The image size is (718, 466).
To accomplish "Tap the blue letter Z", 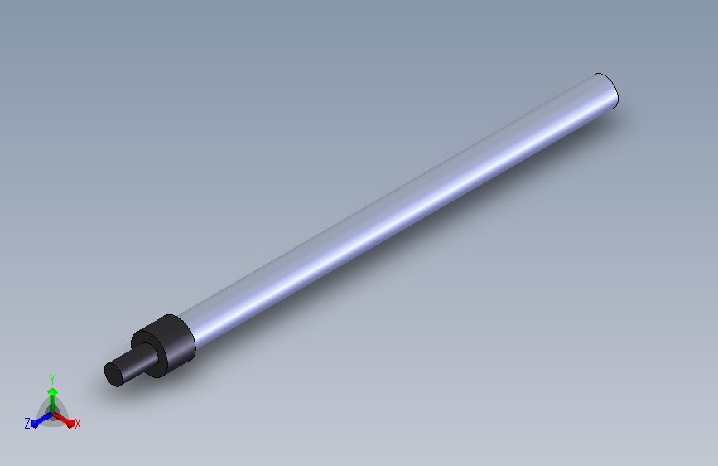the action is (x=27, y=424).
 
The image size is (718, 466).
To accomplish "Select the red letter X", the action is (x=77, y=424).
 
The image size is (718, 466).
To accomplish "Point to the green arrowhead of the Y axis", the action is (x=53, y=391).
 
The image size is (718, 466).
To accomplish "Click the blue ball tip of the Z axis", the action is (x=34, y=424).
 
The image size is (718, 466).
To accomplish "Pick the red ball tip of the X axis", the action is (x=70, y=423).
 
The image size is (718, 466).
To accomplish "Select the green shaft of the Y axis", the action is (x=53, y=404).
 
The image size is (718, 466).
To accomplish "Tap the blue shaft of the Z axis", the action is (x=44, y=419).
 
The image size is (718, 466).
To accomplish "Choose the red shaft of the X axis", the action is (x=61, y=418).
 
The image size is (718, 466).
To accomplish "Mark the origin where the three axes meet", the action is (x=53, y=414).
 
